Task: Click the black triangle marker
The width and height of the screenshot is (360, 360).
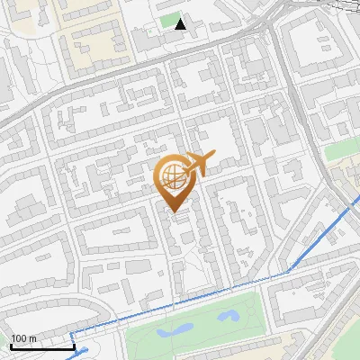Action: pos(181,23)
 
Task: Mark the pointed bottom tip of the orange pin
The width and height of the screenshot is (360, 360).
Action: pos(174,212)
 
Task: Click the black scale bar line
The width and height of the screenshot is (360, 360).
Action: pos(42,346)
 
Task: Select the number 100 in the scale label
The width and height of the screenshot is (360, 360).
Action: pos(19,338)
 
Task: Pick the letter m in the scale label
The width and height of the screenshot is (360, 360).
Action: pos(32,338)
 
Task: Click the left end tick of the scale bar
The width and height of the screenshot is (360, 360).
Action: pos(11,345)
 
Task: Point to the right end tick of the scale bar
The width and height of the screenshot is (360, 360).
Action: pos(74,345)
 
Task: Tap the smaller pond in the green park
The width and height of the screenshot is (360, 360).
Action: pos(228,316)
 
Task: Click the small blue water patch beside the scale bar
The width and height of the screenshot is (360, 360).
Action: pos(84,352)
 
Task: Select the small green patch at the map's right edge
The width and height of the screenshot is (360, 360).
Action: pos(343,148)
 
